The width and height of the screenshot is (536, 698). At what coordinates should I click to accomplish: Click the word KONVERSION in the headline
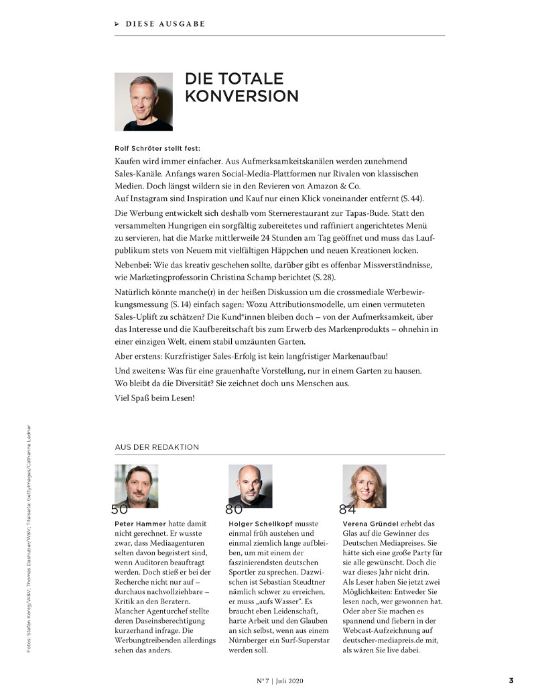241,96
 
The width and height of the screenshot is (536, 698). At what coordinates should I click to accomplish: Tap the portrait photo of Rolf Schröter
143,101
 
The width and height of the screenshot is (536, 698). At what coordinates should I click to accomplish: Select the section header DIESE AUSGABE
165,24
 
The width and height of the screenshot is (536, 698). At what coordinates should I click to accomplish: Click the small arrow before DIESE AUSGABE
117,24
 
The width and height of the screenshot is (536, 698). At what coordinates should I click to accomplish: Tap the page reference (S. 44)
412,199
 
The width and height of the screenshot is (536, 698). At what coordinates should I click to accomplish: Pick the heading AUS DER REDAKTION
157,447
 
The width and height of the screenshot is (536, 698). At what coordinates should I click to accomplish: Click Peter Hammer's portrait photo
137,485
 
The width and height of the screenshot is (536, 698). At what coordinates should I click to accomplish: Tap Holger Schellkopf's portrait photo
251,485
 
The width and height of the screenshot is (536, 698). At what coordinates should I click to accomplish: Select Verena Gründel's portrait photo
364,485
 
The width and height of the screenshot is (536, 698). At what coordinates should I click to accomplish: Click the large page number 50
119,509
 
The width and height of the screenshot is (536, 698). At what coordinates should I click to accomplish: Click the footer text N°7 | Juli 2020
281,681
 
